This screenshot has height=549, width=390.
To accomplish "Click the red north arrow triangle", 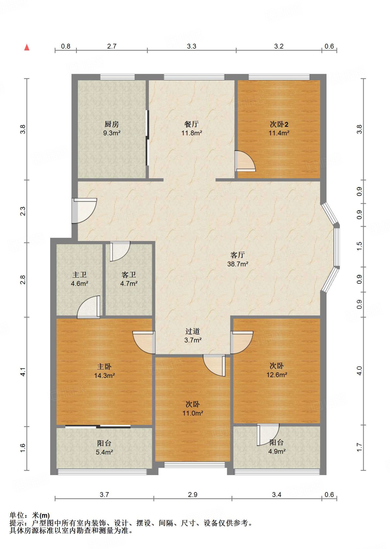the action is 27,47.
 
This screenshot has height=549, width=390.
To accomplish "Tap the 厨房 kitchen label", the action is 112,124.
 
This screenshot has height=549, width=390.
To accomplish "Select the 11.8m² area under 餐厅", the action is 192,133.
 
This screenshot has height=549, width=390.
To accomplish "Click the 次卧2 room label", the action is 279,124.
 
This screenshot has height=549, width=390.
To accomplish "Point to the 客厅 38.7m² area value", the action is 238,264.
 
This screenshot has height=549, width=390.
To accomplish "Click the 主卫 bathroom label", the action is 80,274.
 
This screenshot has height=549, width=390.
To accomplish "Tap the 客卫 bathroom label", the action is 129,274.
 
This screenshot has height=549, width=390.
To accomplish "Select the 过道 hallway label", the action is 193,331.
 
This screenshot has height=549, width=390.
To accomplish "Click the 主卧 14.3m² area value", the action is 104,376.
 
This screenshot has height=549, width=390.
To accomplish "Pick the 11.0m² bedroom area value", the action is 193,413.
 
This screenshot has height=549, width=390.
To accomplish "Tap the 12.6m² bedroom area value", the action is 277,374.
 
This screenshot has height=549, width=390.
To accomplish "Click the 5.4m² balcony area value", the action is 104,452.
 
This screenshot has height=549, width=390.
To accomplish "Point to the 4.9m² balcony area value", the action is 277,451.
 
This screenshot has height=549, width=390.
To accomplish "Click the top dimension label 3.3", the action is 192,46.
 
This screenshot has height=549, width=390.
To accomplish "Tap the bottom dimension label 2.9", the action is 193,495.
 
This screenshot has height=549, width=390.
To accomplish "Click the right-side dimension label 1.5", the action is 359,246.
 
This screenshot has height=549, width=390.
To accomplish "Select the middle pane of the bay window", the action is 337,247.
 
